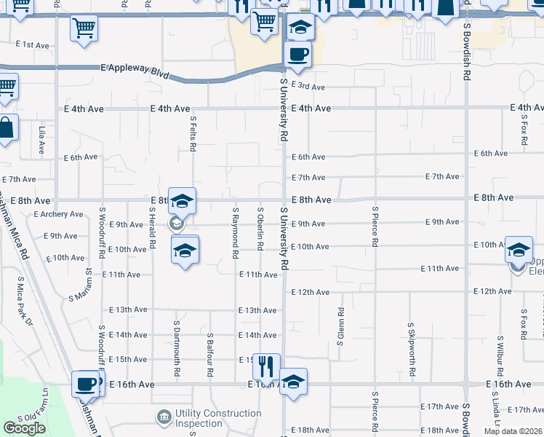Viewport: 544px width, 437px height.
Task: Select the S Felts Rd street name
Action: [193, 133]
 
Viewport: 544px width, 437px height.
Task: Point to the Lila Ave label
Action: [41, 141]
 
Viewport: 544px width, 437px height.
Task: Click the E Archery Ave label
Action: [59, 214]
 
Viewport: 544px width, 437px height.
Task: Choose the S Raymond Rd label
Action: [235, 234]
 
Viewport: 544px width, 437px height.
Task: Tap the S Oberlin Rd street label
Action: [260, 229]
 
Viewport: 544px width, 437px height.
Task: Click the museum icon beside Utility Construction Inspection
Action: [164, 417]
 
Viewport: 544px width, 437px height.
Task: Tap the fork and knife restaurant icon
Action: [266, 364]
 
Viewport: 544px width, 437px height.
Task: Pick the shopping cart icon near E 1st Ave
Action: [84, 28]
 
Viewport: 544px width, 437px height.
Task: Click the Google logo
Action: [24, 428]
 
